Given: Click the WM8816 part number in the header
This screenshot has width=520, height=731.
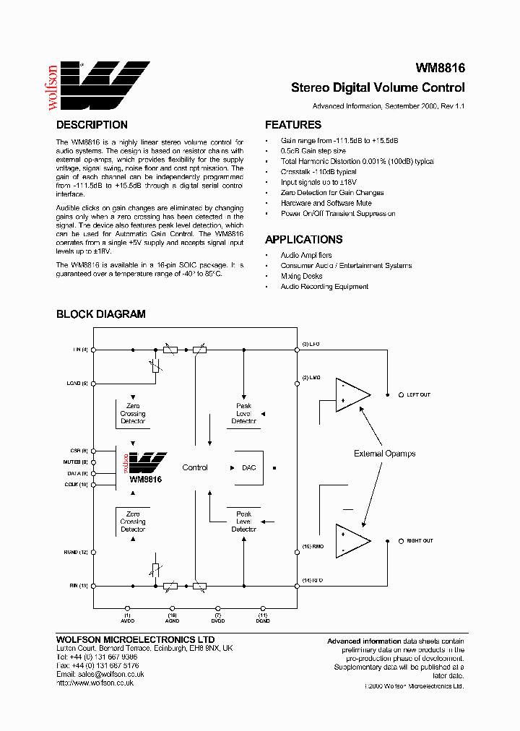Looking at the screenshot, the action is pyautogui.click(x=440, y=69).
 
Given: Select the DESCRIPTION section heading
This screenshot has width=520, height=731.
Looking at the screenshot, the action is pyautogui.click(x=92, y=125).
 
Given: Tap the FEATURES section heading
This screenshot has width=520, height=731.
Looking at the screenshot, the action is pyautogui.click(x=293, y=125).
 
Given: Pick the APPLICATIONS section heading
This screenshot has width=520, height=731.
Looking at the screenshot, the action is pyautogui.click(x=303, y=240).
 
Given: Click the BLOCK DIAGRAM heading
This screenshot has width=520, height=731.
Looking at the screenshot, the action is pyautogui.click(x=101, y=314).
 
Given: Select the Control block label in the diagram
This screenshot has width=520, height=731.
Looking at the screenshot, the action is pyautogui.click(x=195, y=468).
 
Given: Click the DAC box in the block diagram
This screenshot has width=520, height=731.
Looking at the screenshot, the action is pyautogui.click(x=248, y=468).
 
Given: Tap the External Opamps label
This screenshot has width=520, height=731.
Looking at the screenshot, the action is pyautogui.click(x=384, y=454).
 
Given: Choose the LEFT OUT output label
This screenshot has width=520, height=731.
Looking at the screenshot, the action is pyautogui.click(x=418, y=394).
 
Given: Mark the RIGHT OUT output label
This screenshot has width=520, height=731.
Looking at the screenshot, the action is pyautogui.click(x=420, y=541).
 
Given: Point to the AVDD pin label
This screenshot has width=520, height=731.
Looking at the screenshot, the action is pyautogui.click(x=127, y=620).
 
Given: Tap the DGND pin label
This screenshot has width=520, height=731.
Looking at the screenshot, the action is pyautogui.click(x=263, y=620).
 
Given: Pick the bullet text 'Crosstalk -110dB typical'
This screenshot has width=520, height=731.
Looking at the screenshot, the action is pyautogui.click(x=318, y=173).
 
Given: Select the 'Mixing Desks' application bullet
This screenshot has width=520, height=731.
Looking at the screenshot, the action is pyautogui.click(x=302, y=277).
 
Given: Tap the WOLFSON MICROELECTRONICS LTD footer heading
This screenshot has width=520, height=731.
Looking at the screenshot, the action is pyautogui.click(x=135, y=640).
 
